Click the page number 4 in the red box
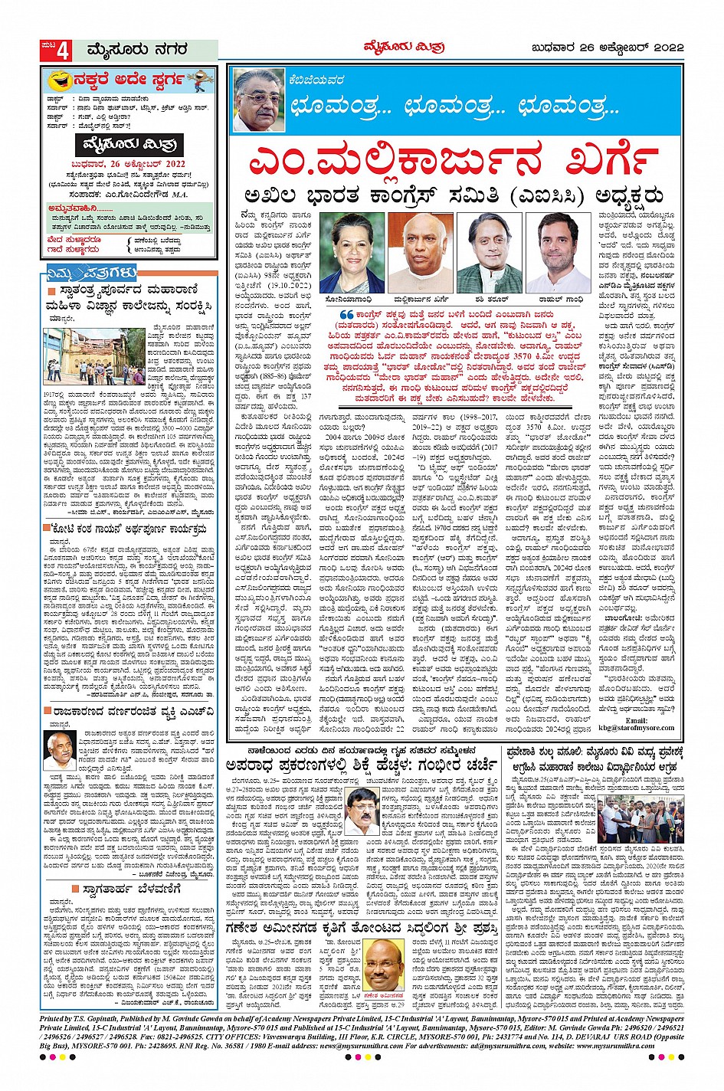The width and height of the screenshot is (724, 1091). pos(64,51)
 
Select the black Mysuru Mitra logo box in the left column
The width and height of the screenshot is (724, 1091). pos(129,144)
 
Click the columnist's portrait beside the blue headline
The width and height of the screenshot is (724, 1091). pos(259,100)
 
